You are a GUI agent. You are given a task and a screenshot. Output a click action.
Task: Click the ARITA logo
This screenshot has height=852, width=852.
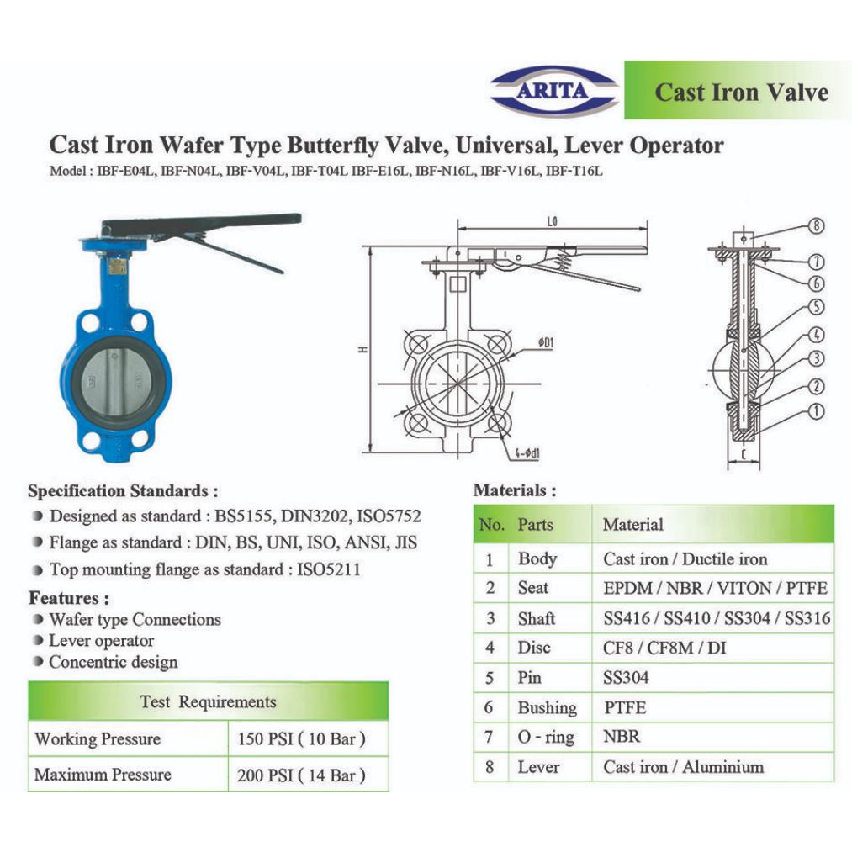coord(553,92)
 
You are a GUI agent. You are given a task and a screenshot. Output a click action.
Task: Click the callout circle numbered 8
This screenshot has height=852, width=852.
coord(816,225)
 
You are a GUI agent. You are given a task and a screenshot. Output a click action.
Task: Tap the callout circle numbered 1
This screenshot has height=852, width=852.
coord(816,411)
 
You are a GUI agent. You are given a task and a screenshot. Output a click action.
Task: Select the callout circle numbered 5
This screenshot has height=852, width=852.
coord(816,307)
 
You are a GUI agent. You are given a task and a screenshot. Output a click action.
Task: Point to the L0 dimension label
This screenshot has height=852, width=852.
coord(552,222)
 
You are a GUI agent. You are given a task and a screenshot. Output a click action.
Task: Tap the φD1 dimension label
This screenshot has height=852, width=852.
coord(545,342)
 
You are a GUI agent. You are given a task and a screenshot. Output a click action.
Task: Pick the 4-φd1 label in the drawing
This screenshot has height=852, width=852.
coord(527,452)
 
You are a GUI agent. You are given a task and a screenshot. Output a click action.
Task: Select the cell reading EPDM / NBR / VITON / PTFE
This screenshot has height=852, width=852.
coord(715,588)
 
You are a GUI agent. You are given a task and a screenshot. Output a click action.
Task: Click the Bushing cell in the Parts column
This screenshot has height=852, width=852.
coord(548,707)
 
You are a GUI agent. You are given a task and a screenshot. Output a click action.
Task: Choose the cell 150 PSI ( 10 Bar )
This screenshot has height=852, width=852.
coord(302,739)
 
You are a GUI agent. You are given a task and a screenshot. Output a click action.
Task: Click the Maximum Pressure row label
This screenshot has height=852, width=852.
coord(103,774)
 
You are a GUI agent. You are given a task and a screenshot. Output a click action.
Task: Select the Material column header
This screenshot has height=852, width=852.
coord(633,524)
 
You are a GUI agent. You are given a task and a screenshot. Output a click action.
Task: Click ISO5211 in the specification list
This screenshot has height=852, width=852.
coord(328,569)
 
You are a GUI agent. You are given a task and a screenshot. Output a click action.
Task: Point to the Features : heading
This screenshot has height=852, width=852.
coord(69,598)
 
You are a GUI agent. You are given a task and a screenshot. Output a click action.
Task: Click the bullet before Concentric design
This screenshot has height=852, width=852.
coord(38,661)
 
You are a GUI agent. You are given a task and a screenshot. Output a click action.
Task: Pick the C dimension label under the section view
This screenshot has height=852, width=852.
coord(743,454)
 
